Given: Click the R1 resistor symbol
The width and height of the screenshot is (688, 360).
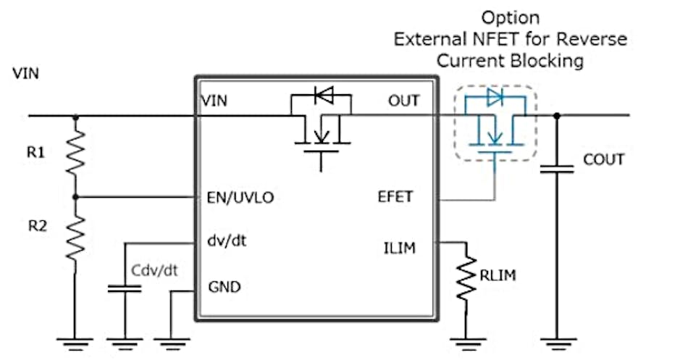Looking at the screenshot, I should (75, 153).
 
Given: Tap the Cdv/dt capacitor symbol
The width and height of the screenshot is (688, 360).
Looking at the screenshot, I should (125, 288).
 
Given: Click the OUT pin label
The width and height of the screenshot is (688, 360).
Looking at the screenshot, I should (403, 101).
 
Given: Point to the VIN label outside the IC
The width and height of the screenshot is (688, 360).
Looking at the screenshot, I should (26, 74).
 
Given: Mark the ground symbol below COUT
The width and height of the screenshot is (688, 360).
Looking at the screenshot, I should (556, 336).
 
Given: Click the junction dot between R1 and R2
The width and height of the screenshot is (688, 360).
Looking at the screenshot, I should (75, 196).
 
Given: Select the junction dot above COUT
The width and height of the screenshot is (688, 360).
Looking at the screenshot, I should (556, 115).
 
